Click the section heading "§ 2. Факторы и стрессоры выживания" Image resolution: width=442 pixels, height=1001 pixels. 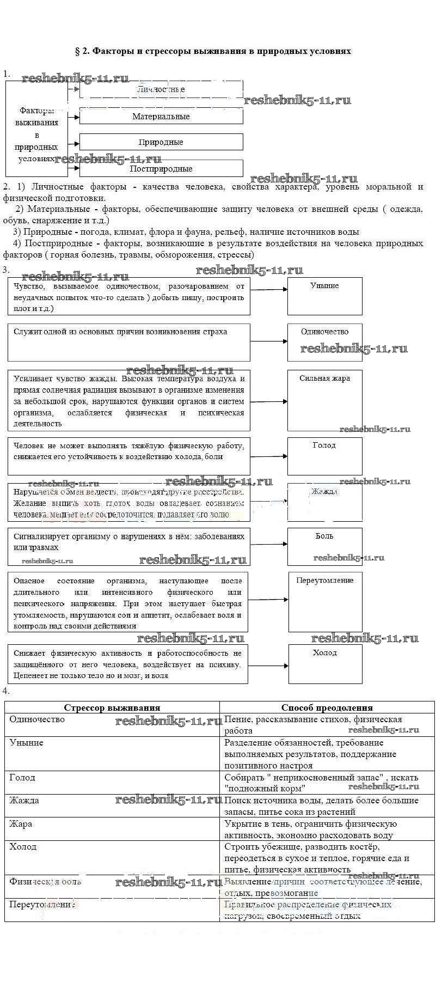[212, 51]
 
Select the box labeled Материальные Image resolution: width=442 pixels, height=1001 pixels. [161, 116]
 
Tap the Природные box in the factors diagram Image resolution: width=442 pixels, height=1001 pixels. [161, 142]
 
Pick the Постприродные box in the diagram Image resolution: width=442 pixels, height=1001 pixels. [161, 168]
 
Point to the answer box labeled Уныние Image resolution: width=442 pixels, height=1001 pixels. [324, 296]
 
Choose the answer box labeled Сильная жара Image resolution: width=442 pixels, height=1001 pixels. [324, 400]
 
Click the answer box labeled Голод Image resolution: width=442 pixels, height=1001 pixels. [324, 456]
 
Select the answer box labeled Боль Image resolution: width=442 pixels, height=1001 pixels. [324, 546]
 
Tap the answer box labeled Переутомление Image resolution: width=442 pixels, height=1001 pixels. [324, 601]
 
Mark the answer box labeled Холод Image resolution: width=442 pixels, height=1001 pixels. [325, 664]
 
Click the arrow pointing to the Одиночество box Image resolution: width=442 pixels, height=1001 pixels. [269, 341]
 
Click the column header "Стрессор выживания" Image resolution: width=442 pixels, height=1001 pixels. [112, 707]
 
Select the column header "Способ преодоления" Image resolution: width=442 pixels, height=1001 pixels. [327, 707]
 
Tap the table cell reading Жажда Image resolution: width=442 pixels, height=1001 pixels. [112, 806]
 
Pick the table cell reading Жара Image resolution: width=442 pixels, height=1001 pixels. [112, 829]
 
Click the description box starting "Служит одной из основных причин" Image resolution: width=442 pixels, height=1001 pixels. [129, 342]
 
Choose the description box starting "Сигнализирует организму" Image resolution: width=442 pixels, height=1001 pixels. [129, 546]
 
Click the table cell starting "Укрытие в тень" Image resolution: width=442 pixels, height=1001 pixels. [327, 829]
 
